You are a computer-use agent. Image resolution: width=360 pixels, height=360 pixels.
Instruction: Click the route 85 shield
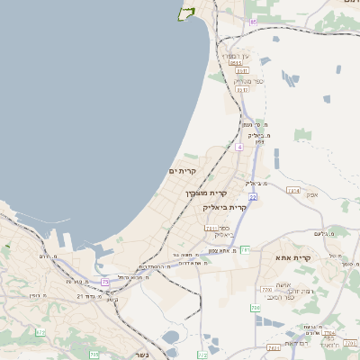(x=254, y=21)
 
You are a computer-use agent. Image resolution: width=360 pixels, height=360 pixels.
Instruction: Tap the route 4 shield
(x=239, y=146)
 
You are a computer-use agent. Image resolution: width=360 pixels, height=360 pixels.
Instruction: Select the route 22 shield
(x=254, y=196)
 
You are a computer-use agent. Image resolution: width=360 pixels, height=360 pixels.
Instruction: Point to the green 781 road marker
(x=244, y=249)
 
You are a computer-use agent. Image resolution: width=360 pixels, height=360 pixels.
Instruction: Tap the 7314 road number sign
(x=292, y=190)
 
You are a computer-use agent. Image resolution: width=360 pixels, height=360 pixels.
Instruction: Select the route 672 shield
(x=40, y=332)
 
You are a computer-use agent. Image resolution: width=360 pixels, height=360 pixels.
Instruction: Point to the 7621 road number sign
(x=273, y=346)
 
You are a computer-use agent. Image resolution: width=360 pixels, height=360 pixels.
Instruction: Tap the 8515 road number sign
(x=237, y=63)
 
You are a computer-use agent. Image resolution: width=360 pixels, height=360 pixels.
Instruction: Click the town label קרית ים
(x=182, y=170)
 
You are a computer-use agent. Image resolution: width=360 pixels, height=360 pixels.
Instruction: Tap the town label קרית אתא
(x=294, y=258)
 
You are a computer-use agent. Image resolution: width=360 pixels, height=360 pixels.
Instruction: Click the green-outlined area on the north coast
(x=187, y=13)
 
